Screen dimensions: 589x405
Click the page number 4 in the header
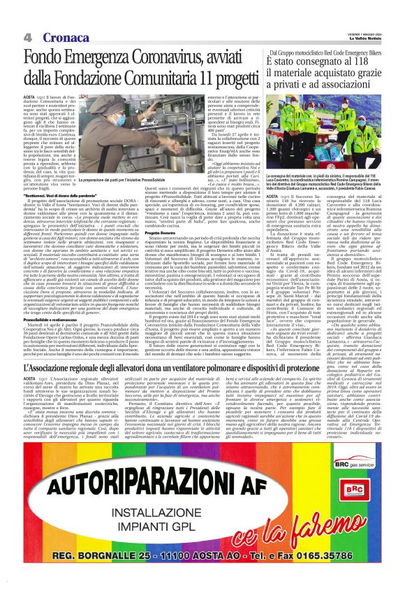[x=27, y=36]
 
